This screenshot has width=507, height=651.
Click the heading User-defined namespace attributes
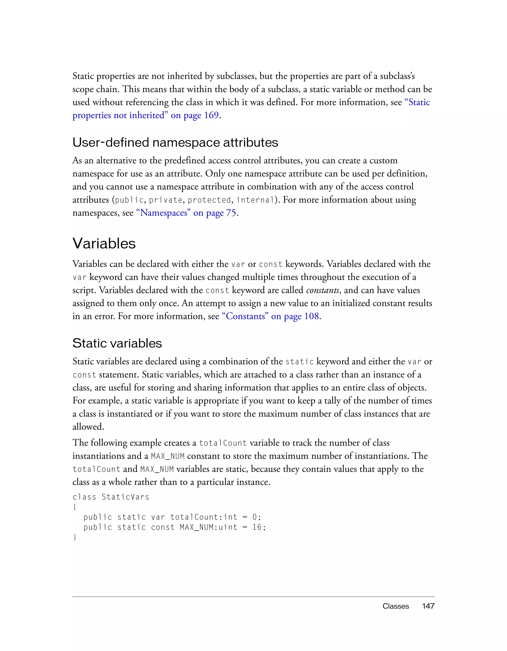tap(175, 142)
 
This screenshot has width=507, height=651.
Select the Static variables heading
tap(117, 343)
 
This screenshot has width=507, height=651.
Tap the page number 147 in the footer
tap(428, 606)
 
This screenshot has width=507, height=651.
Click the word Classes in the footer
tap(395, 606)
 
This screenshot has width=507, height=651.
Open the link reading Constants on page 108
tap(270, 316)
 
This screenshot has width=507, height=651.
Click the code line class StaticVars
tap(111, 497)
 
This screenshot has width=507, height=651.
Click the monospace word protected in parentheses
tap(209, 200)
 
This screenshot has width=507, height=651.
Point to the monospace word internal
tap(255, 200)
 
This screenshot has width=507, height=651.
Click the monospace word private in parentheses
tap(166, 200)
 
